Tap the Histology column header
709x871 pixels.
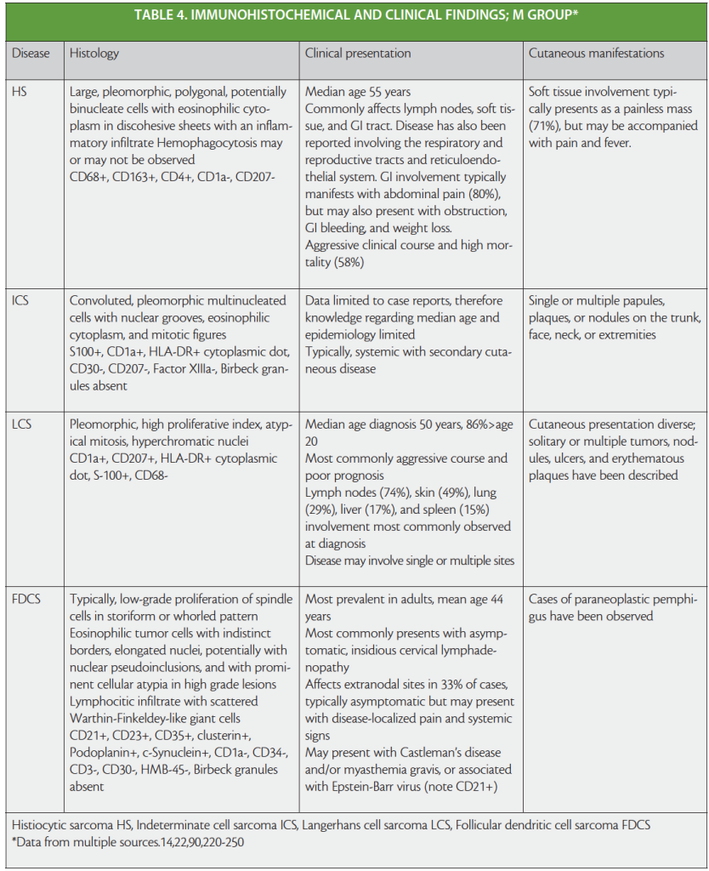94,54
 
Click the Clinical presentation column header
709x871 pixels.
358,54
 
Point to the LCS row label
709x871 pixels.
22,424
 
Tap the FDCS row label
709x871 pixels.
27,600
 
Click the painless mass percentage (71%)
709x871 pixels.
544,125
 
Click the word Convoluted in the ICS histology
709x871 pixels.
100,301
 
